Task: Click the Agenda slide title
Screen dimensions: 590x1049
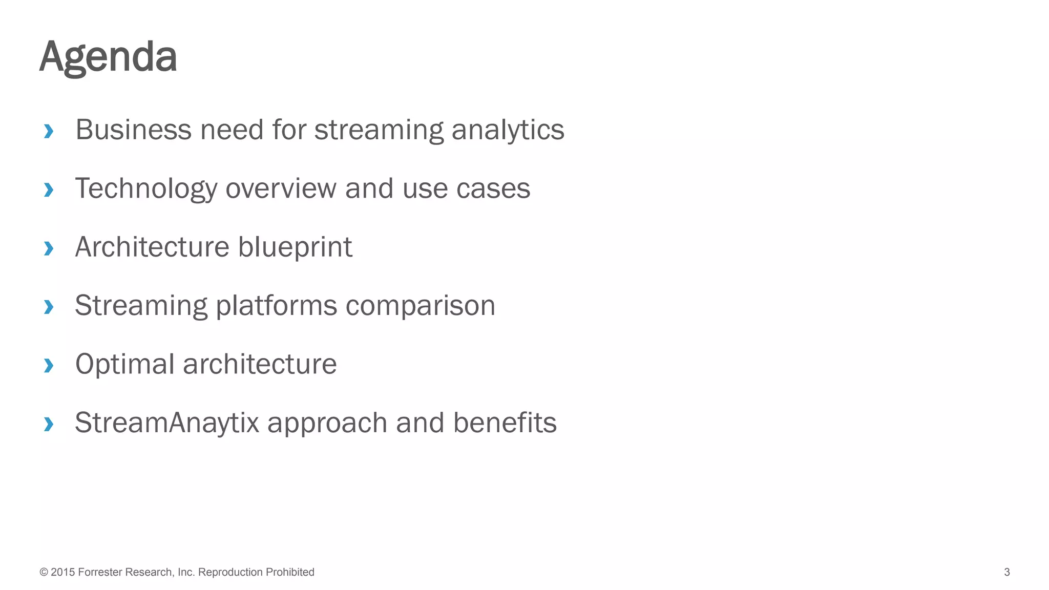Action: [x=108, y=56]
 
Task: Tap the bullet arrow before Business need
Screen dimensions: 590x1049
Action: [x=49, y=131]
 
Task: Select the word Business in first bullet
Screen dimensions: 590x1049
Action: [x=133, y=130]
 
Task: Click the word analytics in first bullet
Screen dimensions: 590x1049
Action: [x=508, y=131]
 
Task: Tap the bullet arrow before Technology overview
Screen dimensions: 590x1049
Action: [x=49, y=190]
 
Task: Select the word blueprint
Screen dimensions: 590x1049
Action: [x=295, y=248]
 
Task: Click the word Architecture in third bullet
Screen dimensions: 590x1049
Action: [x=152, y=247]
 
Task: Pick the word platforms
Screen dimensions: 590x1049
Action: [x=276, y=306]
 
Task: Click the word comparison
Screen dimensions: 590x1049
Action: [x=420, y=306]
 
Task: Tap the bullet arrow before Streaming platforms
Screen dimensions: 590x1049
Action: [x=49, y=307]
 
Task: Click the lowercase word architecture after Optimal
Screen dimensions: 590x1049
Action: [x=260, y=364]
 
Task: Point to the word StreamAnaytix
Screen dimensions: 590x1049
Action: [x=167, y=424]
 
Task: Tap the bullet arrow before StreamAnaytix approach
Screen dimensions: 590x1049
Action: [x=49, y=424]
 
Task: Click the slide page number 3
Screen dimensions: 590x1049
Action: [x=1006, y=572]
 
